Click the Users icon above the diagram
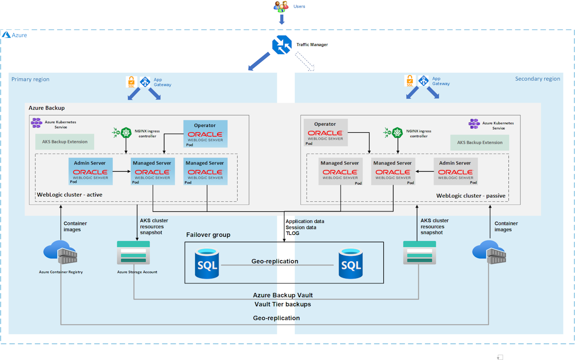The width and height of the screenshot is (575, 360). click(x=281, y=7)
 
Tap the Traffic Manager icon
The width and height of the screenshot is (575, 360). click(x=282, y=45)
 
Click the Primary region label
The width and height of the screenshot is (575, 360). click(x=30, y=79)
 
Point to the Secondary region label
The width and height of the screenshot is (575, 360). click(x=537, y=79)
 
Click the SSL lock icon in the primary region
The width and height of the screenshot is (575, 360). click(x=131, y=82)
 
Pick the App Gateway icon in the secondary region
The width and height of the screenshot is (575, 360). click(x=423, y=81)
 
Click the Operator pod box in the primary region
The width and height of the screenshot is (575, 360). click(x=205, y=133)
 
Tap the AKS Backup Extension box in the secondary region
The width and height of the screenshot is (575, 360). click(x=480, y=142)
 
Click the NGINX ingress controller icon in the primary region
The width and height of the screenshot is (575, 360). click(x=126, y=132)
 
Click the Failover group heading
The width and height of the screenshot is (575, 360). click(x=208, y=235)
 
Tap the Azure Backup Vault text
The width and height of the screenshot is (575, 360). click(x=283, y=295)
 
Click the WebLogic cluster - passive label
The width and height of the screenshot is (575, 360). click(x=471, y=196)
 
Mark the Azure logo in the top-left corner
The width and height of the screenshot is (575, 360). click(x=6, y=35)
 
